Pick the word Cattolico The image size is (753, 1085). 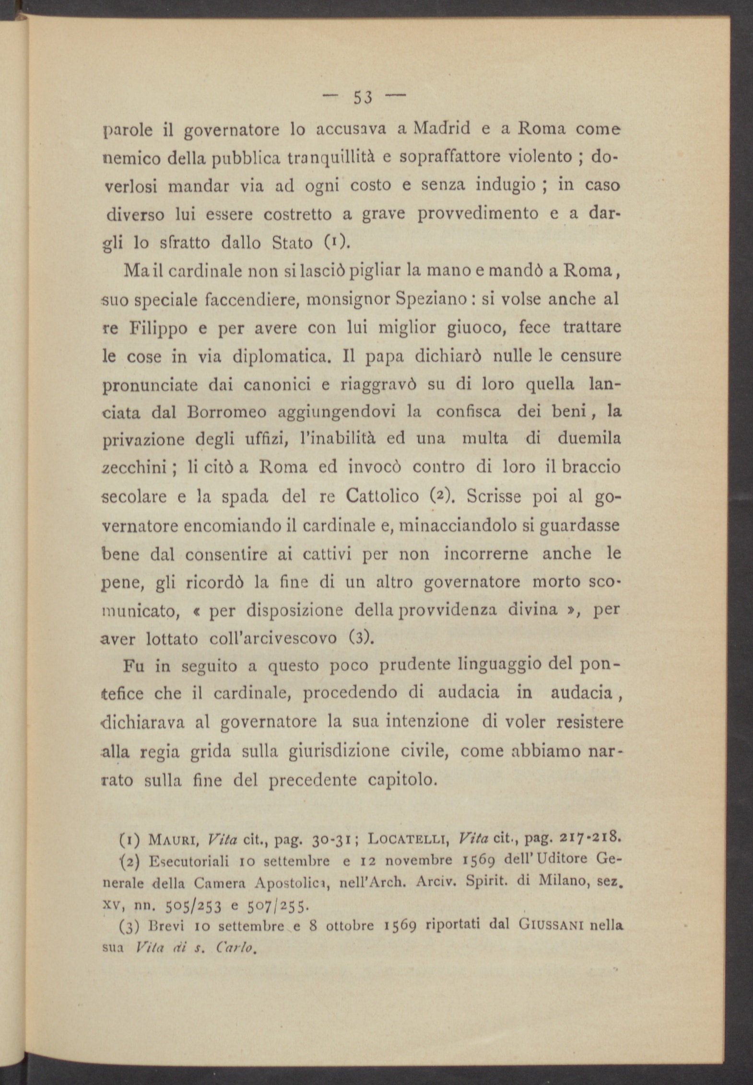382,496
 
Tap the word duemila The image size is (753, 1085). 589,439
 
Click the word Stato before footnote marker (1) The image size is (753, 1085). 292,243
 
